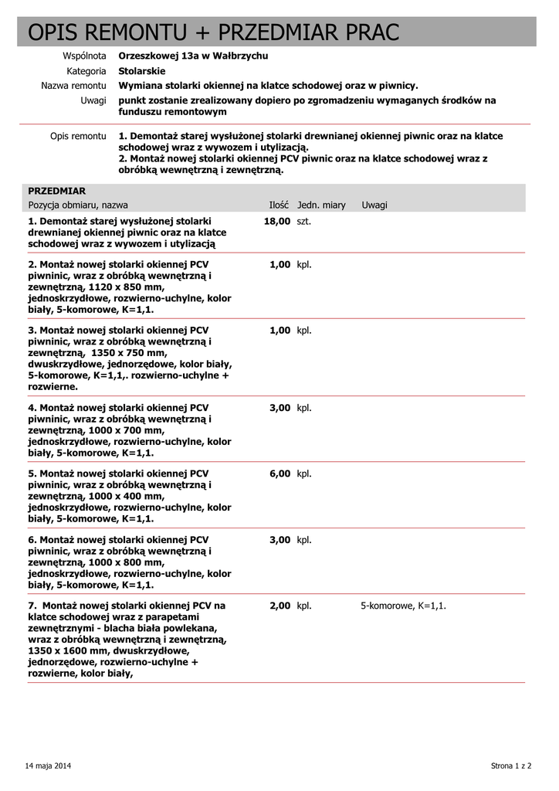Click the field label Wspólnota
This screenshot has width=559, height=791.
pyautogui.click(x=84, y=56)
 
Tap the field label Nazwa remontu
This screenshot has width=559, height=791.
pyautogui.click(x=73, y=86)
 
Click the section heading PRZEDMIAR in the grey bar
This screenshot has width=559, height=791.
pyautogui.click(x=56, y=191)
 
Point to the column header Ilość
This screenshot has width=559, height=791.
pyautogui.click(x=279, y=205)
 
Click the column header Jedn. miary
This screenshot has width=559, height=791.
pyautogui.click(x=321, y=205)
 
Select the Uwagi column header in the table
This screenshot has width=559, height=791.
pyautogui.click(x=374, y=205)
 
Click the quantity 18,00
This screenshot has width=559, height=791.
pyautogui.click(x=276, y=221)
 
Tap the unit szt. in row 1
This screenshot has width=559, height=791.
pyautogui.click(x=304, y=221)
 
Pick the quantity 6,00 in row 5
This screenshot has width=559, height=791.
pyautogui.click(x=279, y=474)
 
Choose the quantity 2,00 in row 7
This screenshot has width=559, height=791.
pyautogui.click(x=279, y=606)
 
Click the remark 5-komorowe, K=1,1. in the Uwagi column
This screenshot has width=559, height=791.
pyautogui.click(x=403, y=606)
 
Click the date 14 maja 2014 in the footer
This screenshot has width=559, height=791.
pyautogui.click(x=48, y=766)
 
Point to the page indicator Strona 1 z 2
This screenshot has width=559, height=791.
pyautogui.click(x=511, y=766)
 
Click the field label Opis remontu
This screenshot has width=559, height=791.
pyautogui.click(x=78, y=136)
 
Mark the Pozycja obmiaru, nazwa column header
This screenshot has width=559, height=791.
pyautogui.click(x=78, y=205)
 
